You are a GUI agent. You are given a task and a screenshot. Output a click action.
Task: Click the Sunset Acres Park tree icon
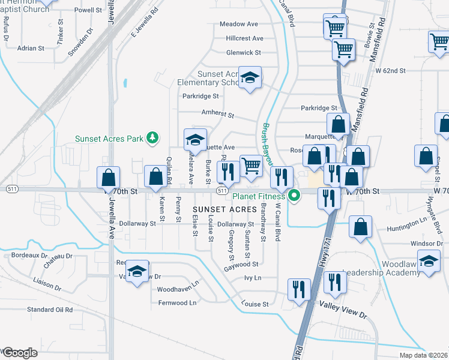coord(153,138)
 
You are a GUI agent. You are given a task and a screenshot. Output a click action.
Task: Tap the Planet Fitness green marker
coord(295,196)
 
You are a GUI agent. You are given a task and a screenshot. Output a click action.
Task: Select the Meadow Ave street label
coord(238,24)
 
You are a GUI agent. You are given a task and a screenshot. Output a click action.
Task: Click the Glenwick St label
coord(244,53)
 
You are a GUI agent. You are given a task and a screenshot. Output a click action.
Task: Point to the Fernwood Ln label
coord(177,303)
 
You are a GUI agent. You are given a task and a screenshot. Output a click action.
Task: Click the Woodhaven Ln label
coord(178,289)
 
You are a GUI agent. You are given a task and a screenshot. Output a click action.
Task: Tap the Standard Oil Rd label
coord(50,310)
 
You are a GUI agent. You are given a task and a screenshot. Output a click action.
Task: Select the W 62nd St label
coord(391,71)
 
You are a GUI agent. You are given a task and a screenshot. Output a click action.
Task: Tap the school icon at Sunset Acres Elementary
coord(250,77)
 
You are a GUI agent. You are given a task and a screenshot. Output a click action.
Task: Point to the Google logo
coord(19,353)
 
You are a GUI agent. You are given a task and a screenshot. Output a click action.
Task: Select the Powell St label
coord(88,10)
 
